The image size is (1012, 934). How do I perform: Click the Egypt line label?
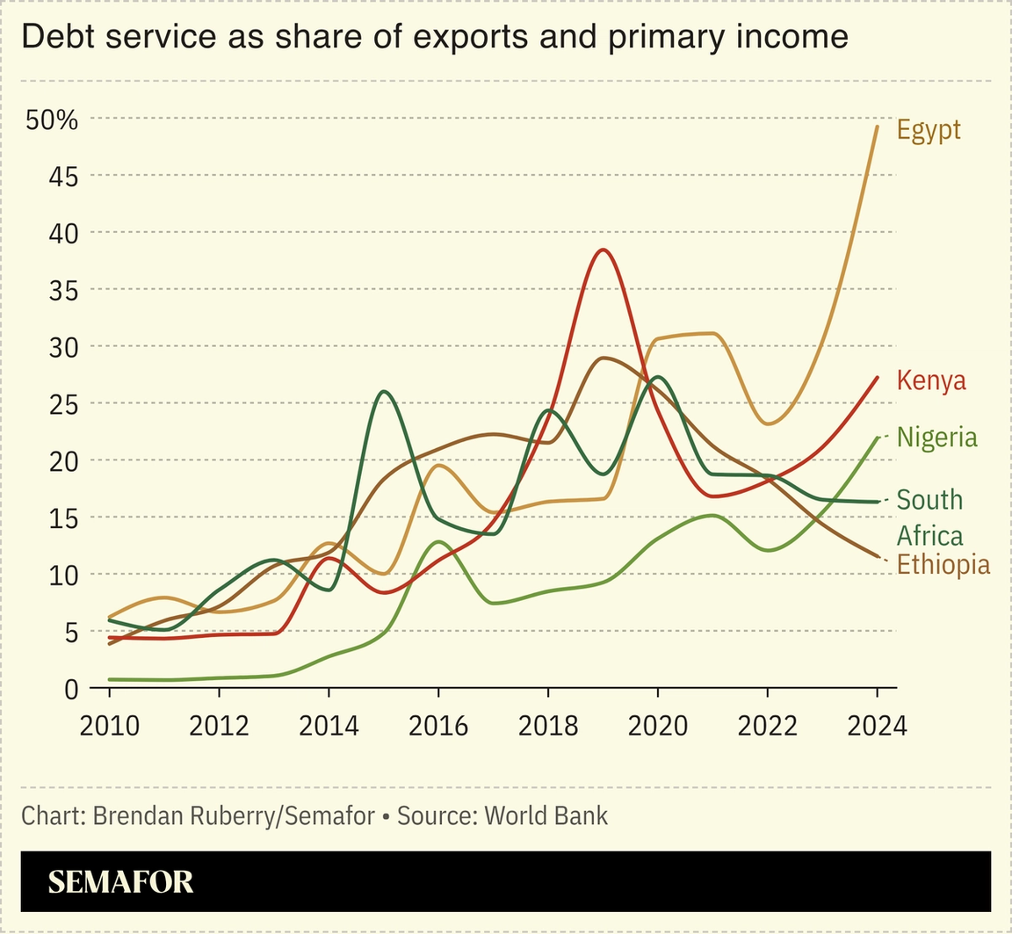(929, 130)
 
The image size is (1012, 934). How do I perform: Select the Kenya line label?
(930, 380)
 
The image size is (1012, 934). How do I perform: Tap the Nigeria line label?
(936, 437)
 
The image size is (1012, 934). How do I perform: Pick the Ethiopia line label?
(943, 564)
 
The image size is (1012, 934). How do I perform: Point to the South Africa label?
(929, 518)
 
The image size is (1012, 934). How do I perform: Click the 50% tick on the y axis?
(52, 119)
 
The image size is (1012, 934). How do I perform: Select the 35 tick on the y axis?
(61, 290)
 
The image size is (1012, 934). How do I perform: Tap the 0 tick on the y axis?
(71, 688)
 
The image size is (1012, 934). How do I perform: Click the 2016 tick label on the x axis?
(438, 726)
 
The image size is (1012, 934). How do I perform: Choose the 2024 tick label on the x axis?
(877, 726)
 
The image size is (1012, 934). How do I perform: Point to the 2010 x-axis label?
(110, 726)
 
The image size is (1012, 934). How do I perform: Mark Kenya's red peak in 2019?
(603, 250)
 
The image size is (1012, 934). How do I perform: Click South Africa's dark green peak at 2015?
(385, 392)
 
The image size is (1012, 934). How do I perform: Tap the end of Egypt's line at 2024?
(876, 127)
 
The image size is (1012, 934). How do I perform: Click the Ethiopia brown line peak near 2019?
(603, 358)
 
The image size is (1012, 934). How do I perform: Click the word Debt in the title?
(52, 36)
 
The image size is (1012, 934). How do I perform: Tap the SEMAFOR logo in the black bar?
(120, 882)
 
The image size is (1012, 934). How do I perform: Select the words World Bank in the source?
(546, 815)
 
